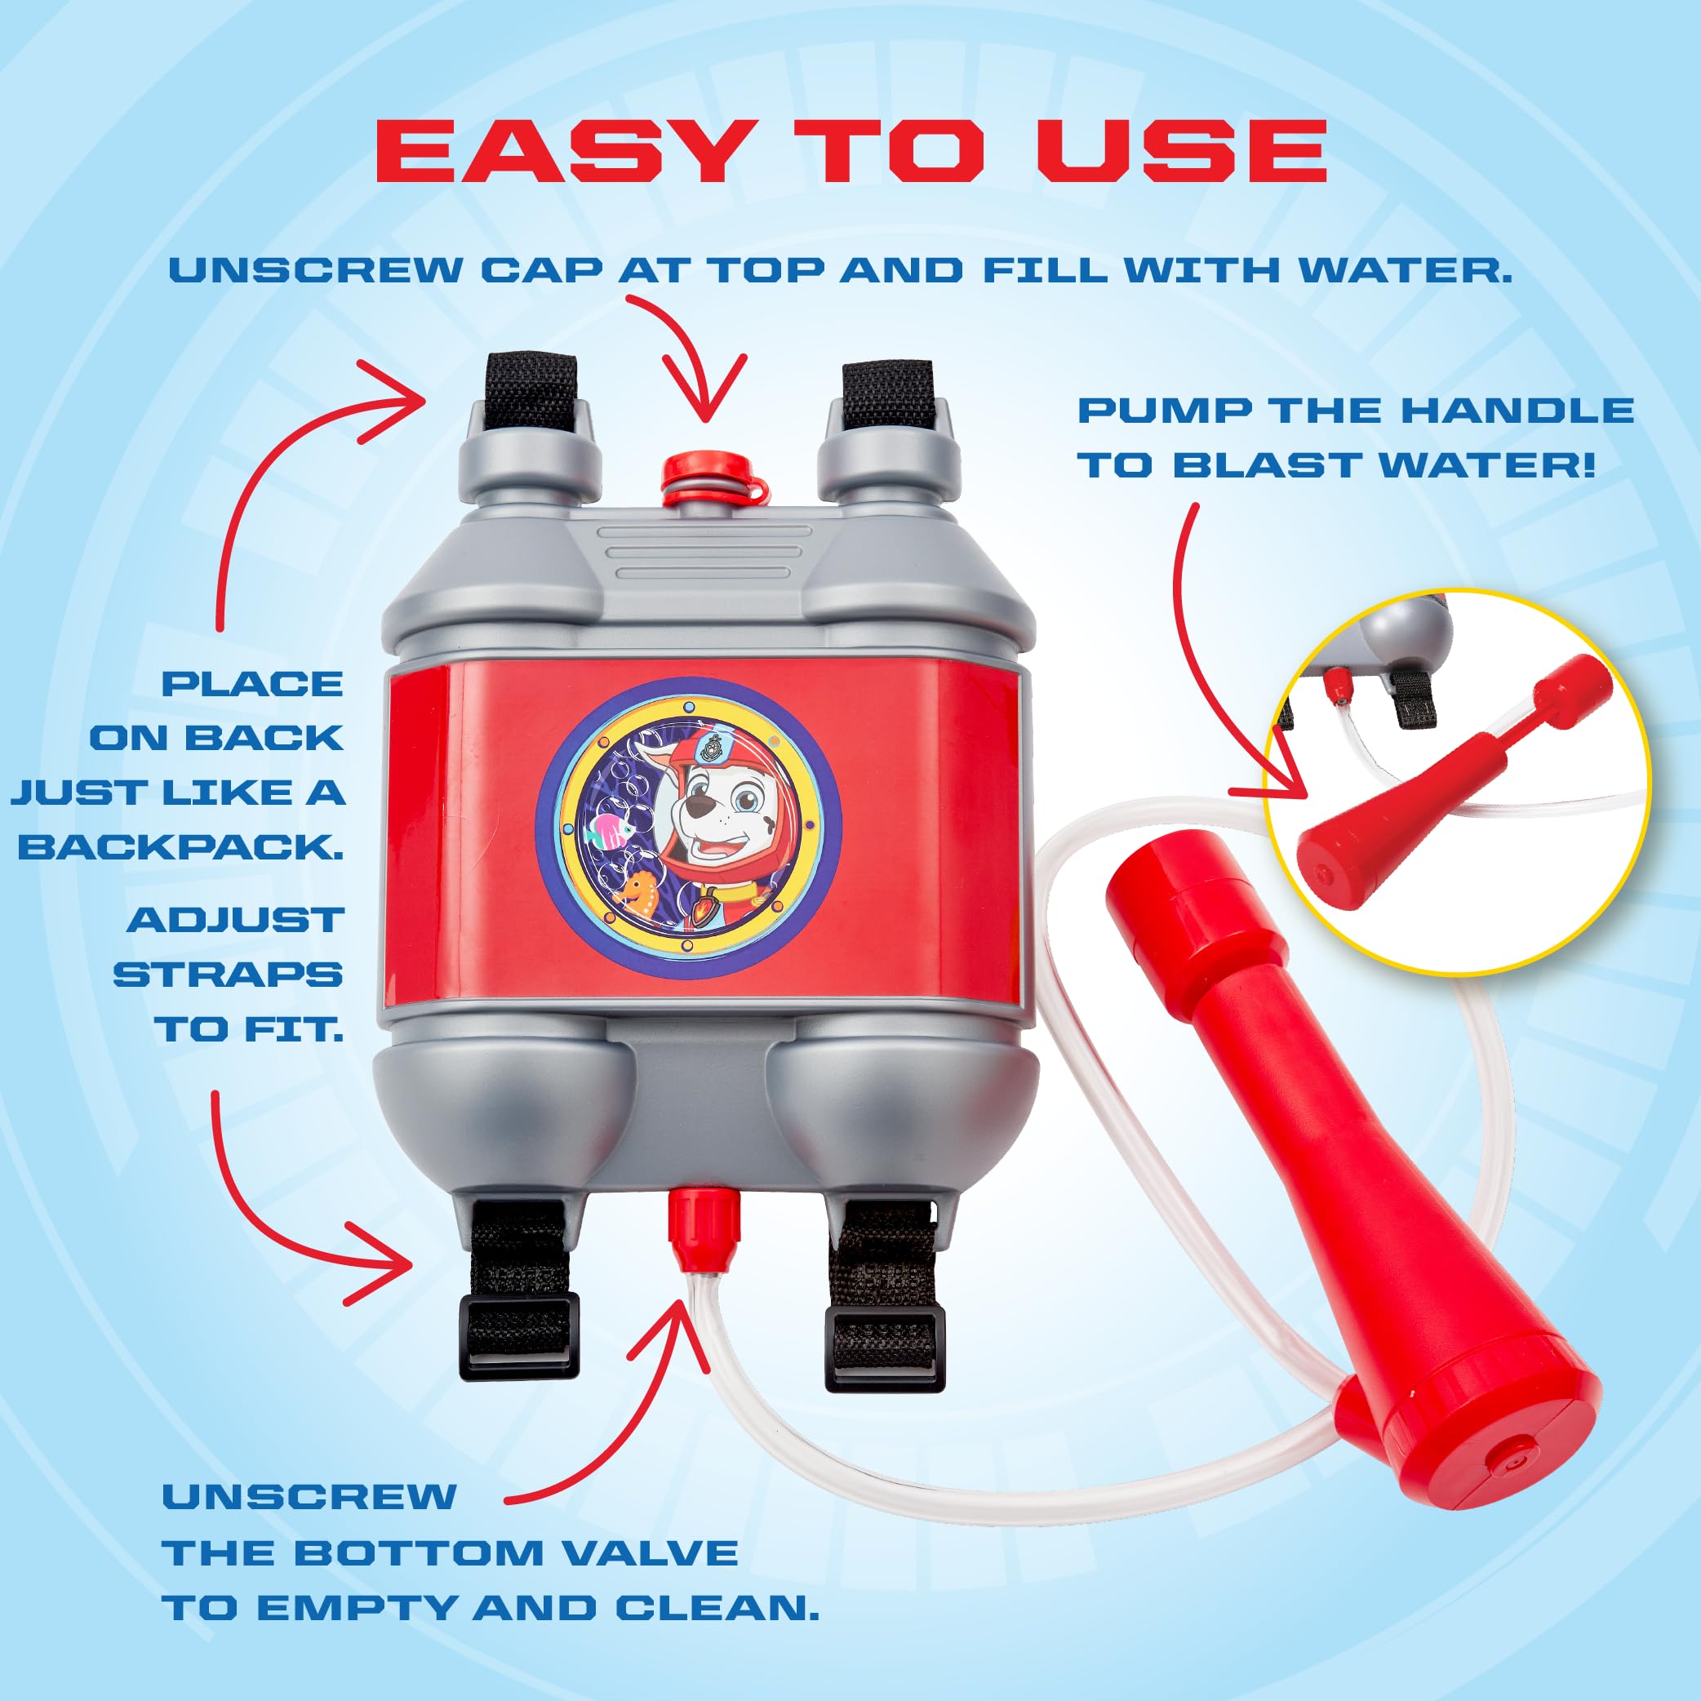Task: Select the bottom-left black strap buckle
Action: point(519,1334)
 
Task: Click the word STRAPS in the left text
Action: point(227,975)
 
